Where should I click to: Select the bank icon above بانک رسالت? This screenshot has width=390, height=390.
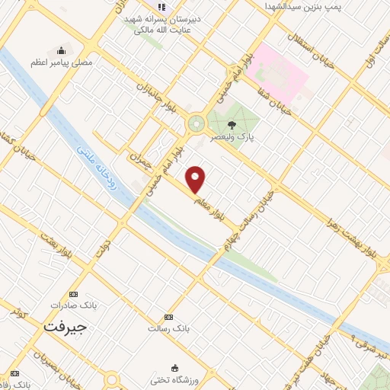[x=168, y=318]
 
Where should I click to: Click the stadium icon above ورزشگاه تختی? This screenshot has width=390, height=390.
[x=176, y=367]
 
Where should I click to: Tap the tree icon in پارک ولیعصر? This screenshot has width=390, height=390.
[x=232, y=124]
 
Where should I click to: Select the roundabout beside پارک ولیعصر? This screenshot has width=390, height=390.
[x=197, y=122]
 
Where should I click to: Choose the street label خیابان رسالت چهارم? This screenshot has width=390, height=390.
[x=251, y=220]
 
